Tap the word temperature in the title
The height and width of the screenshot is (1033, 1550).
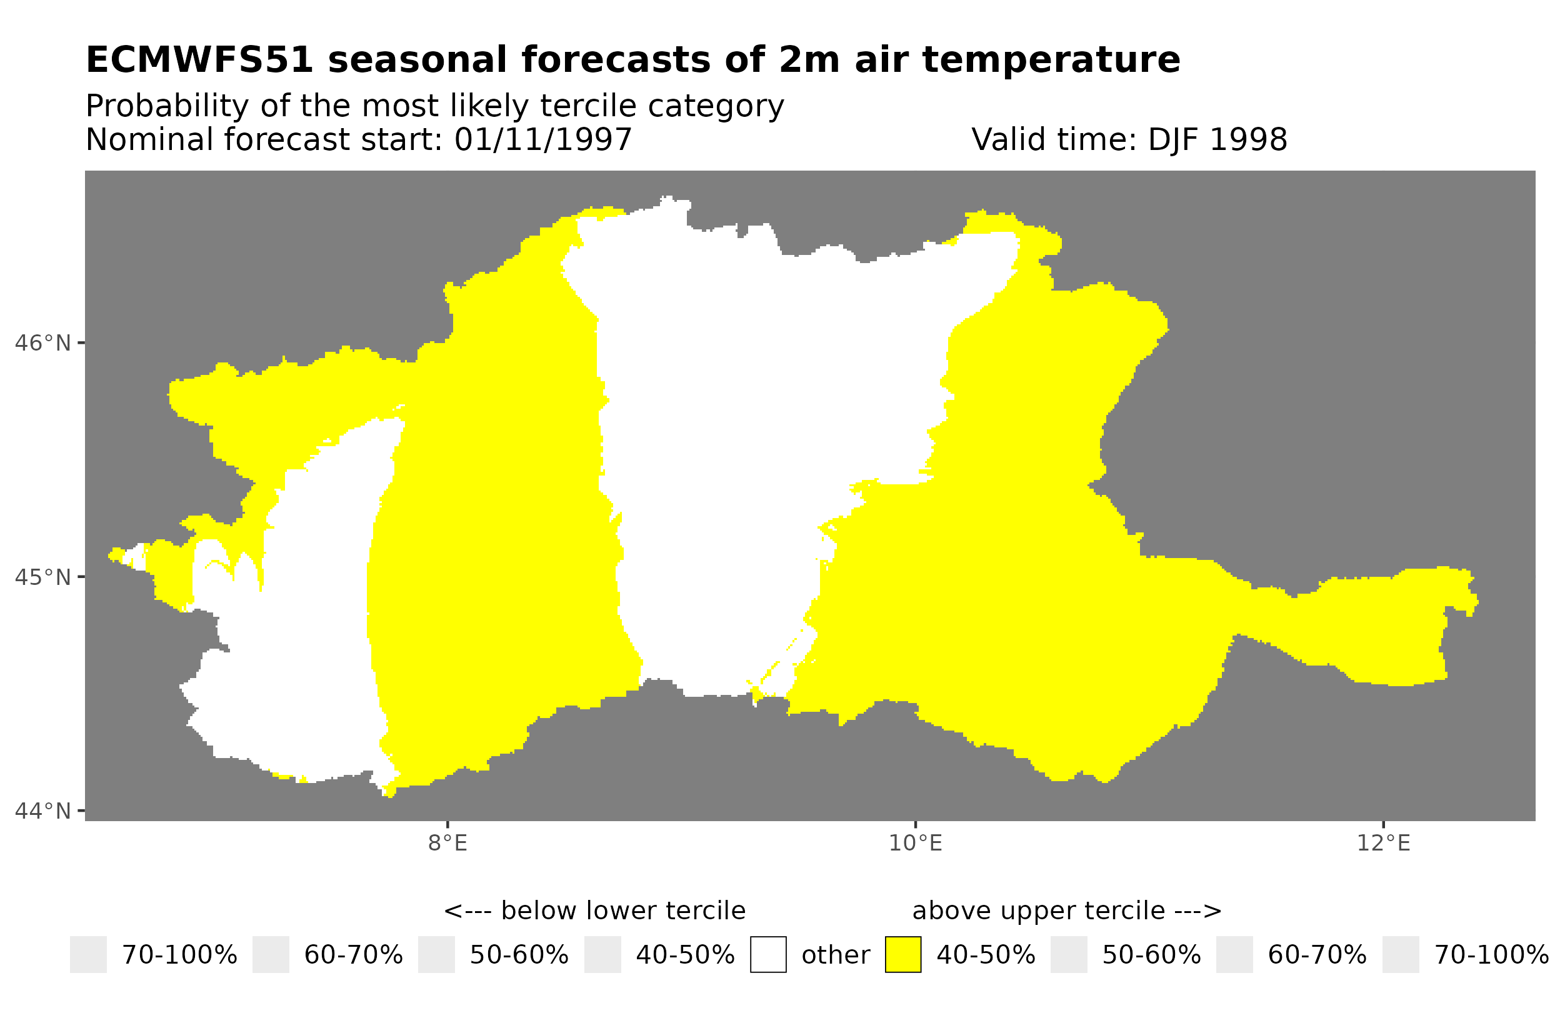point(1051,60)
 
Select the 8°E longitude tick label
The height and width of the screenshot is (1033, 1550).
point(448,843)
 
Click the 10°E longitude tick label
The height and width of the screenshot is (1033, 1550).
point(915,843)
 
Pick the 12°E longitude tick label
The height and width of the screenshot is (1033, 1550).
point(1382,843)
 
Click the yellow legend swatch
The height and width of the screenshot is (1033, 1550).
point(902,955)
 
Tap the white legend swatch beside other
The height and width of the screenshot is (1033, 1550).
point(768,955)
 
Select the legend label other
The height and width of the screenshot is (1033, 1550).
point(835,956)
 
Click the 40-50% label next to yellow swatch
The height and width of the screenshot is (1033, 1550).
point(986,956)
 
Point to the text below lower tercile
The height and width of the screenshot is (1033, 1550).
point(622,911)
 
